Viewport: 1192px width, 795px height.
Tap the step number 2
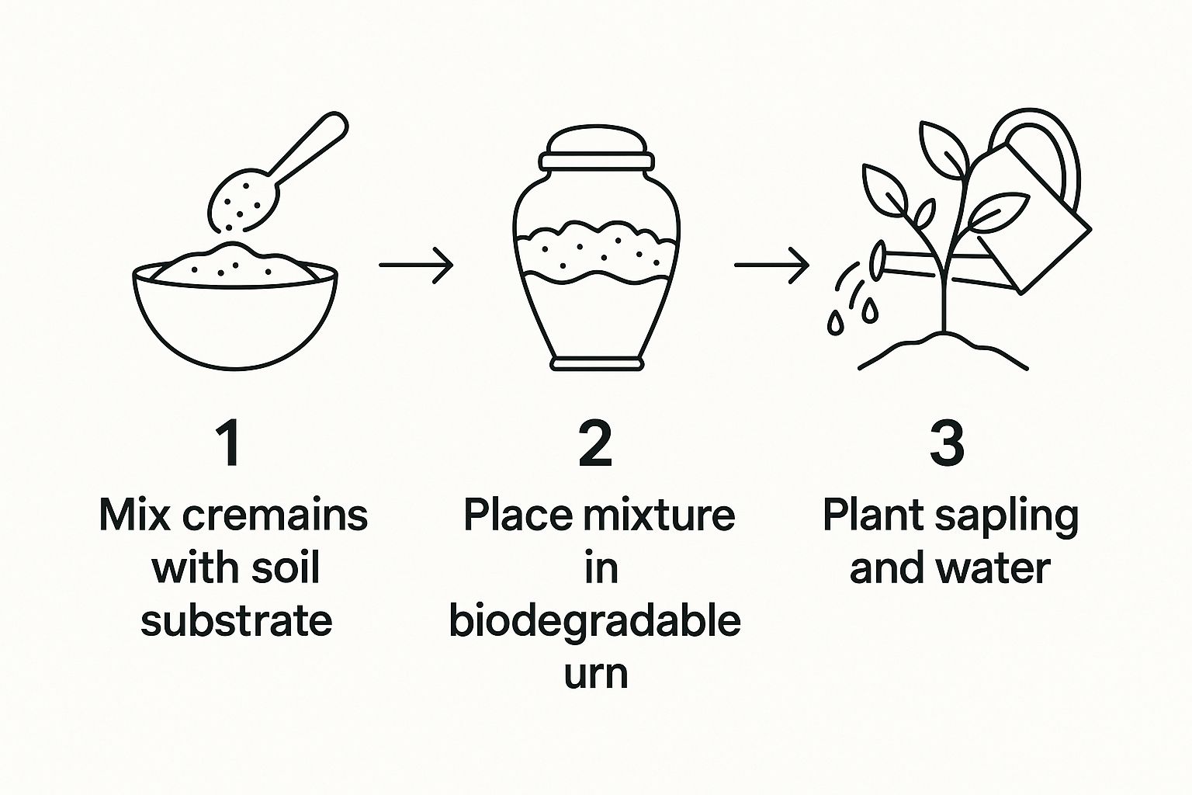point(595,444)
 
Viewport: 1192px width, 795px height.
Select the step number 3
point(947,444)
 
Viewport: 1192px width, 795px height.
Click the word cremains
point(275,516)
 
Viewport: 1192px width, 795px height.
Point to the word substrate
point(236,620)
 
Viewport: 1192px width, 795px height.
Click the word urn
point(596,674)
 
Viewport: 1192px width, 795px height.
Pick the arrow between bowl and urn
point(416,265)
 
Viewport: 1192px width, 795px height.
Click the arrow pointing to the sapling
point(771,265)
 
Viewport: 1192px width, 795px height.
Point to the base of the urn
point(597,363)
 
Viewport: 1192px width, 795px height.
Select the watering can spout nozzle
point(878,261)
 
